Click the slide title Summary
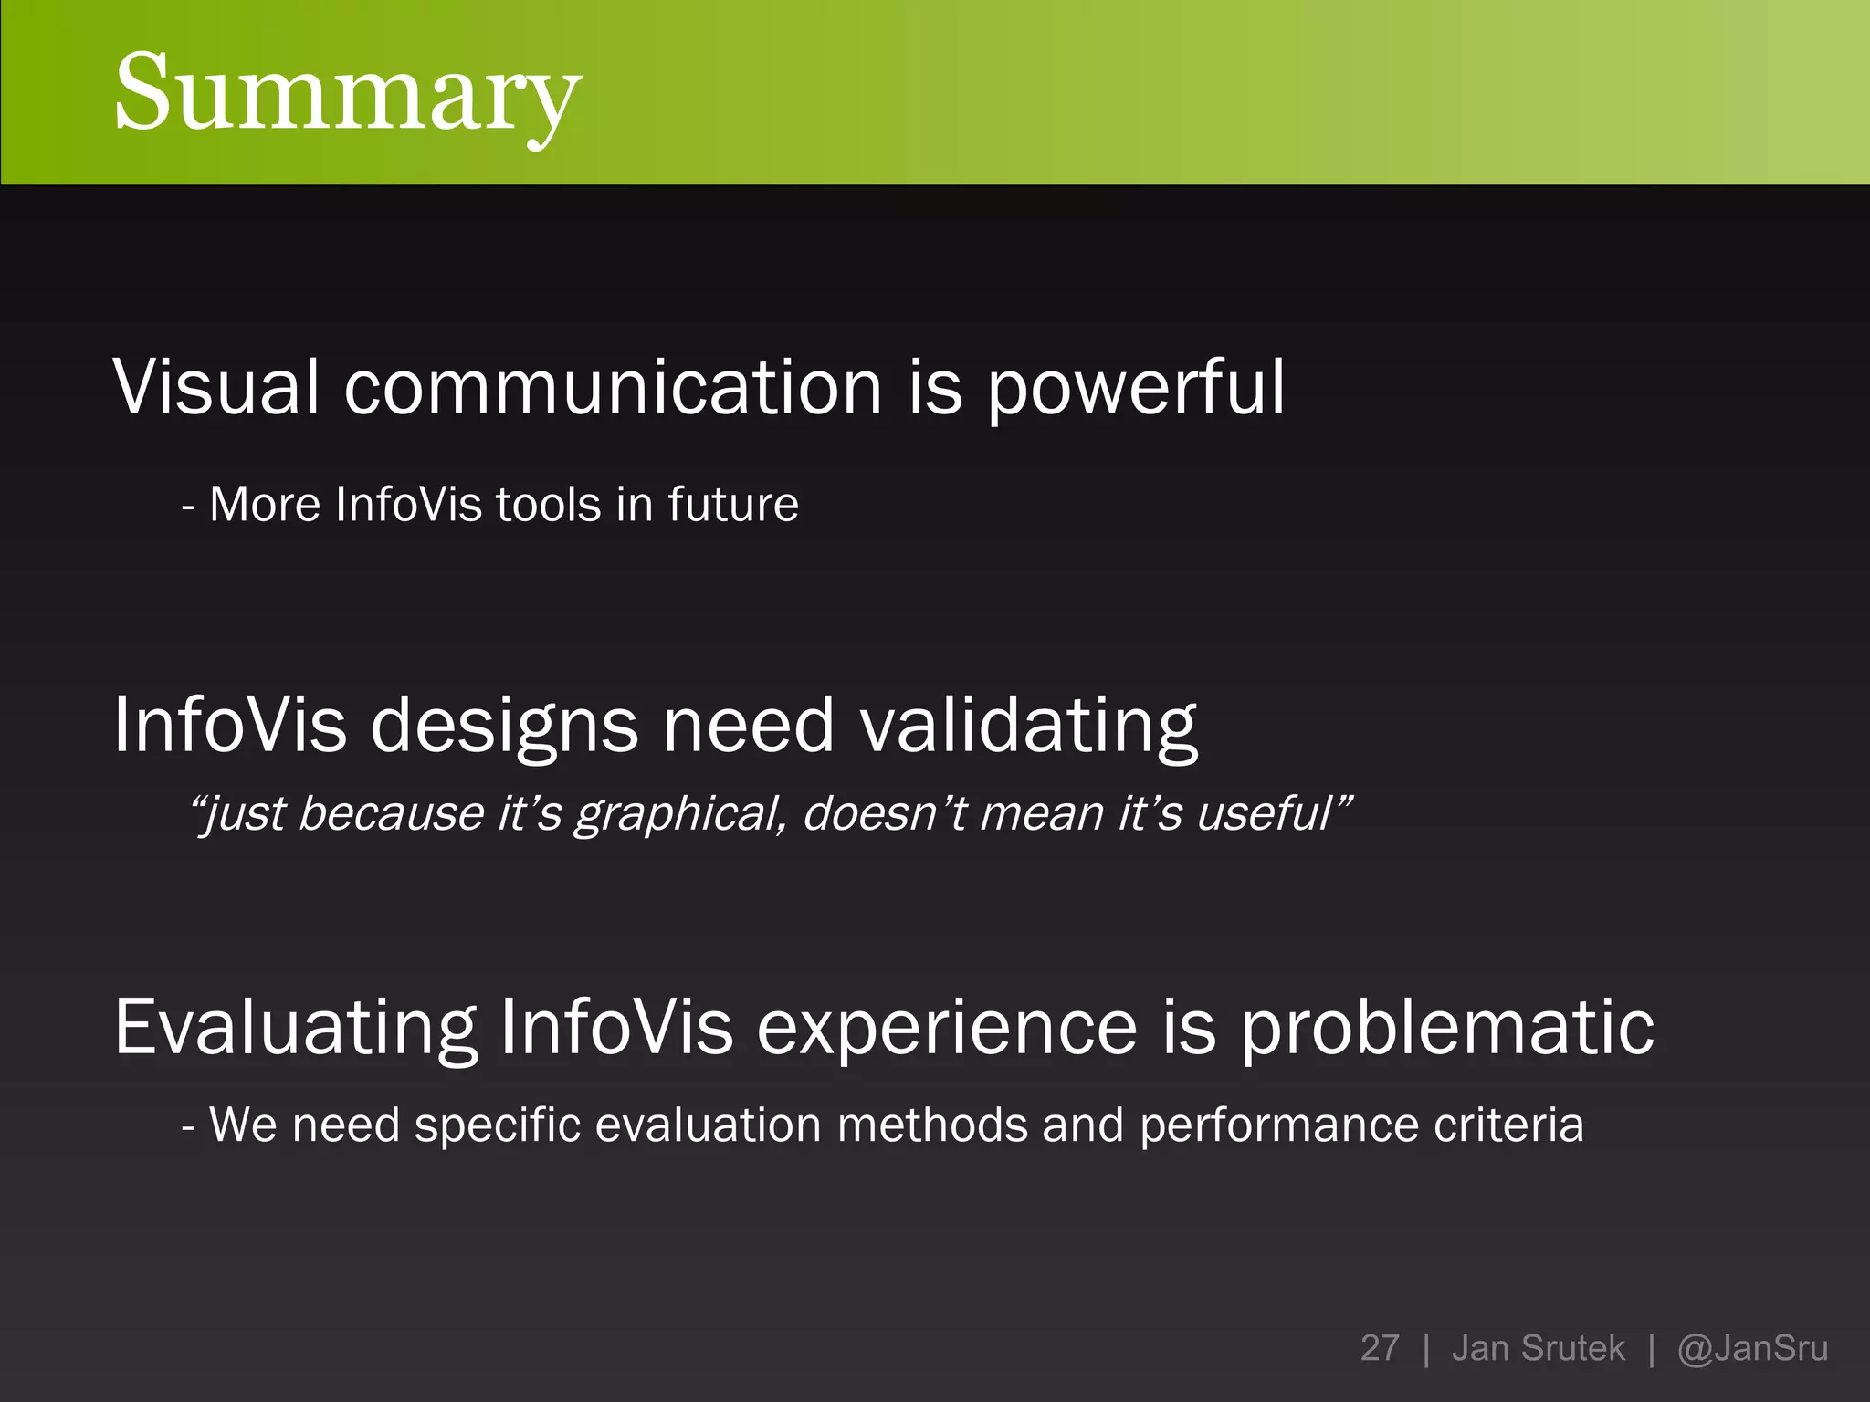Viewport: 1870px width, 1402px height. (x=347, y=93)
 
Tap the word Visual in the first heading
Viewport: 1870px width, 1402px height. (x=215, y=387)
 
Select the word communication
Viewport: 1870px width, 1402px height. (x=613, y=387)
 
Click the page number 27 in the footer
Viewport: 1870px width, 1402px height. (x=1379, y=1348)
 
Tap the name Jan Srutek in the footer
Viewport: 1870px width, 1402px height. (x=1538, y=1348)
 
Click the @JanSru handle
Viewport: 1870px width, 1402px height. (x=1752, y=1348)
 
